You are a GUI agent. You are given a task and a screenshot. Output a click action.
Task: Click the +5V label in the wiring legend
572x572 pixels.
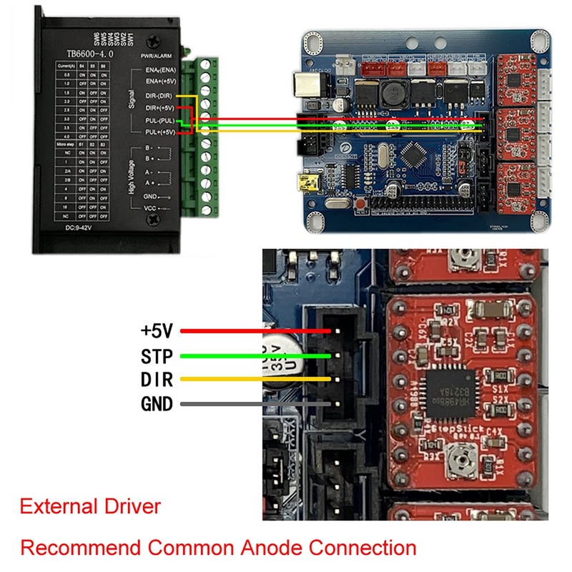pyautogui.click(x=157, y=330)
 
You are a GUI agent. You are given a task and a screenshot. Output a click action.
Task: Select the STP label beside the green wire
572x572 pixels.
pyautogui.click(x=157, y=355)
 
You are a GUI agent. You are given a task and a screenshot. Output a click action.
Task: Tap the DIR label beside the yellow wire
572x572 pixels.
pyautogui.click(x=157, y=380)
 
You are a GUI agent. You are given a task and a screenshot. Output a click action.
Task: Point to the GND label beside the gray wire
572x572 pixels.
pyautogui.click(x=157, y=404)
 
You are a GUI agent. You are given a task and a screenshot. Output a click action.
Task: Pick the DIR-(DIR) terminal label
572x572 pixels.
pyautogui.click(x=159, y=95)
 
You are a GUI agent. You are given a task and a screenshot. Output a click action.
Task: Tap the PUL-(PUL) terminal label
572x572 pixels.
pyautogui.click(x=159, y=120)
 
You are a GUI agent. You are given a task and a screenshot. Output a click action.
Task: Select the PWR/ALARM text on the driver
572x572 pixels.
pyautogui.click(x=155, y=55)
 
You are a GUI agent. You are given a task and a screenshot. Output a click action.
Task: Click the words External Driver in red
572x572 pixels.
pyautogui.click(x=90, y=507)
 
